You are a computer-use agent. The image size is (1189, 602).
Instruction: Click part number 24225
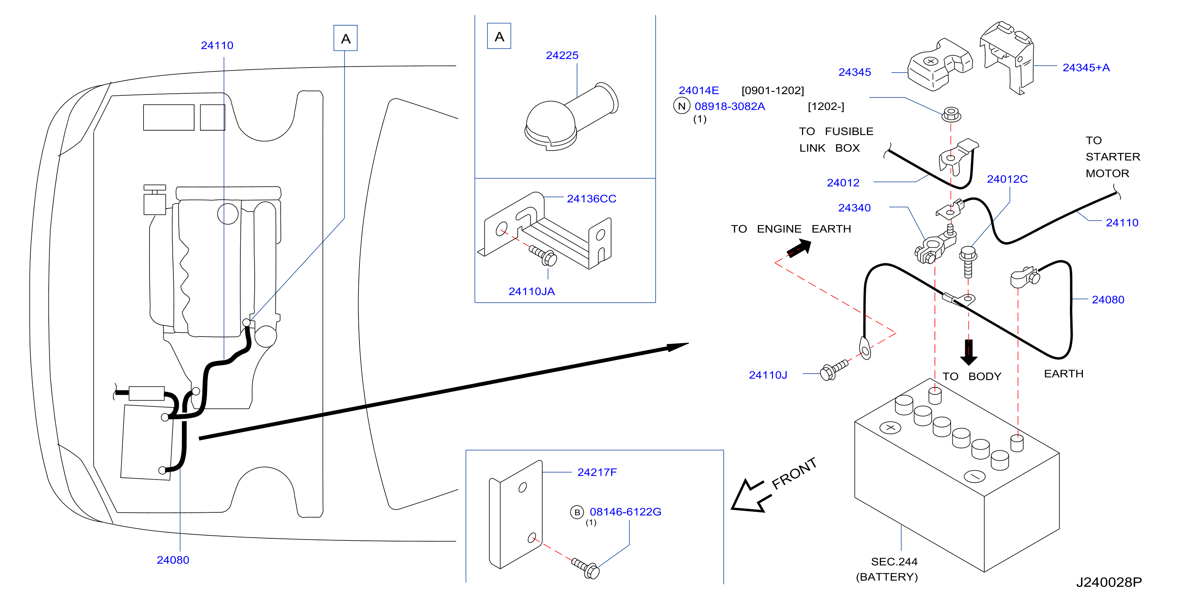[562, 56]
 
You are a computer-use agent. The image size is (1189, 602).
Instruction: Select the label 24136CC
[591, 199]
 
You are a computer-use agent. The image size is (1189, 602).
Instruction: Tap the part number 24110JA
[531, 292]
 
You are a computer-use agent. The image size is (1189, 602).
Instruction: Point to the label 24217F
[597, 472]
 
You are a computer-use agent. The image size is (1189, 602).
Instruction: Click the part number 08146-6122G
[625, 512]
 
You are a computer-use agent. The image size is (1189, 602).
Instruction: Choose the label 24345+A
[1086, 68]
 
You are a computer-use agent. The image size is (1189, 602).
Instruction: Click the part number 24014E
[698, 90]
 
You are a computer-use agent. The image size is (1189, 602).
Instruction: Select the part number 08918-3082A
[730, 106]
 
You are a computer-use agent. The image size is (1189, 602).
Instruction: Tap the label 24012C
[1007, 179]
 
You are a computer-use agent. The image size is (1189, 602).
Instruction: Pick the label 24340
[854, 208]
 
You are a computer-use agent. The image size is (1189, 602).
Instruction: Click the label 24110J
[768, 375]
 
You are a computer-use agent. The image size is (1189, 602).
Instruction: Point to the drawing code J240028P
[1109, 582]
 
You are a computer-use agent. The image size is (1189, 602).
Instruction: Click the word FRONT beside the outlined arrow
[794, 473]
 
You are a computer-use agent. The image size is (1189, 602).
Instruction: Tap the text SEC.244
[894, 562]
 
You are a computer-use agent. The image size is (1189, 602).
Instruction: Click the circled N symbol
[682, 106]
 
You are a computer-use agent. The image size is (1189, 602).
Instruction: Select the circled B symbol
[577, 512]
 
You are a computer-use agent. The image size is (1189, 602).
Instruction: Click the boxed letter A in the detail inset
[499, 36]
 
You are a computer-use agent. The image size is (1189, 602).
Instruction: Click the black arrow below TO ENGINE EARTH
[799, 249]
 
